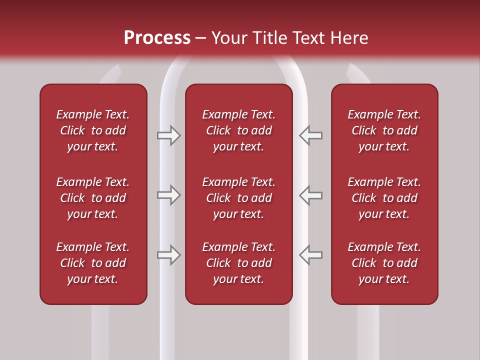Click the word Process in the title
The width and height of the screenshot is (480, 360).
[157, 38]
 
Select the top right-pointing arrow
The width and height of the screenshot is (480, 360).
[169, 135]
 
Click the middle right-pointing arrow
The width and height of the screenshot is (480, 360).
[169, 194]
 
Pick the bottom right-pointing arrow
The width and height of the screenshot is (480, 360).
[169, 254]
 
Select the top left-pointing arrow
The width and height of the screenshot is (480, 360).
[310, 135]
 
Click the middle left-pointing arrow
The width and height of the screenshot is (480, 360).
[310, 194]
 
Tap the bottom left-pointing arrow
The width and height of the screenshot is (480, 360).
[310, 254]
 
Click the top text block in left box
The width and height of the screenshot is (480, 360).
[93, 130]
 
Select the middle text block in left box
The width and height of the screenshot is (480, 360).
[93, 198]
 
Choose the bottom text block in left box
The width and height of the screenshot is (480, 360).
[93, 263]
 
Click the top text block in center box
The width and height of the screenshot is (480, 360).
[238, 130]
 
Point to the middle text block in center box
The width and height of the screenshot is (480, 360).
[238, 198]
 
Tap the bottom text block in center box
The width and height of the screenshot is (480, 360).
[238, 263]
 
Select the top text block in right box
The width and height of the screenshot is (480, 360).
[384, 130]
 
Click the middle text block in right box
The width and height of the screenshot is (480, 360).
[384, 198]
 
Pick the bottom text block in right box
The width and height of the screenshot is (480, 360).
[384, 263]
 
